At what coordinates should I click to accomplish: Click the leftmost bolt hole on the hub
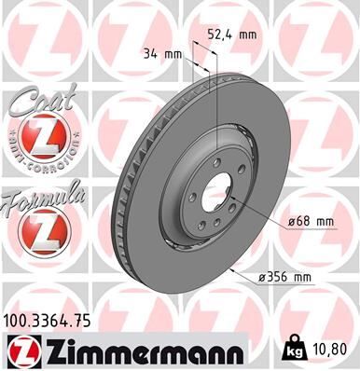click(193, 195)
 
